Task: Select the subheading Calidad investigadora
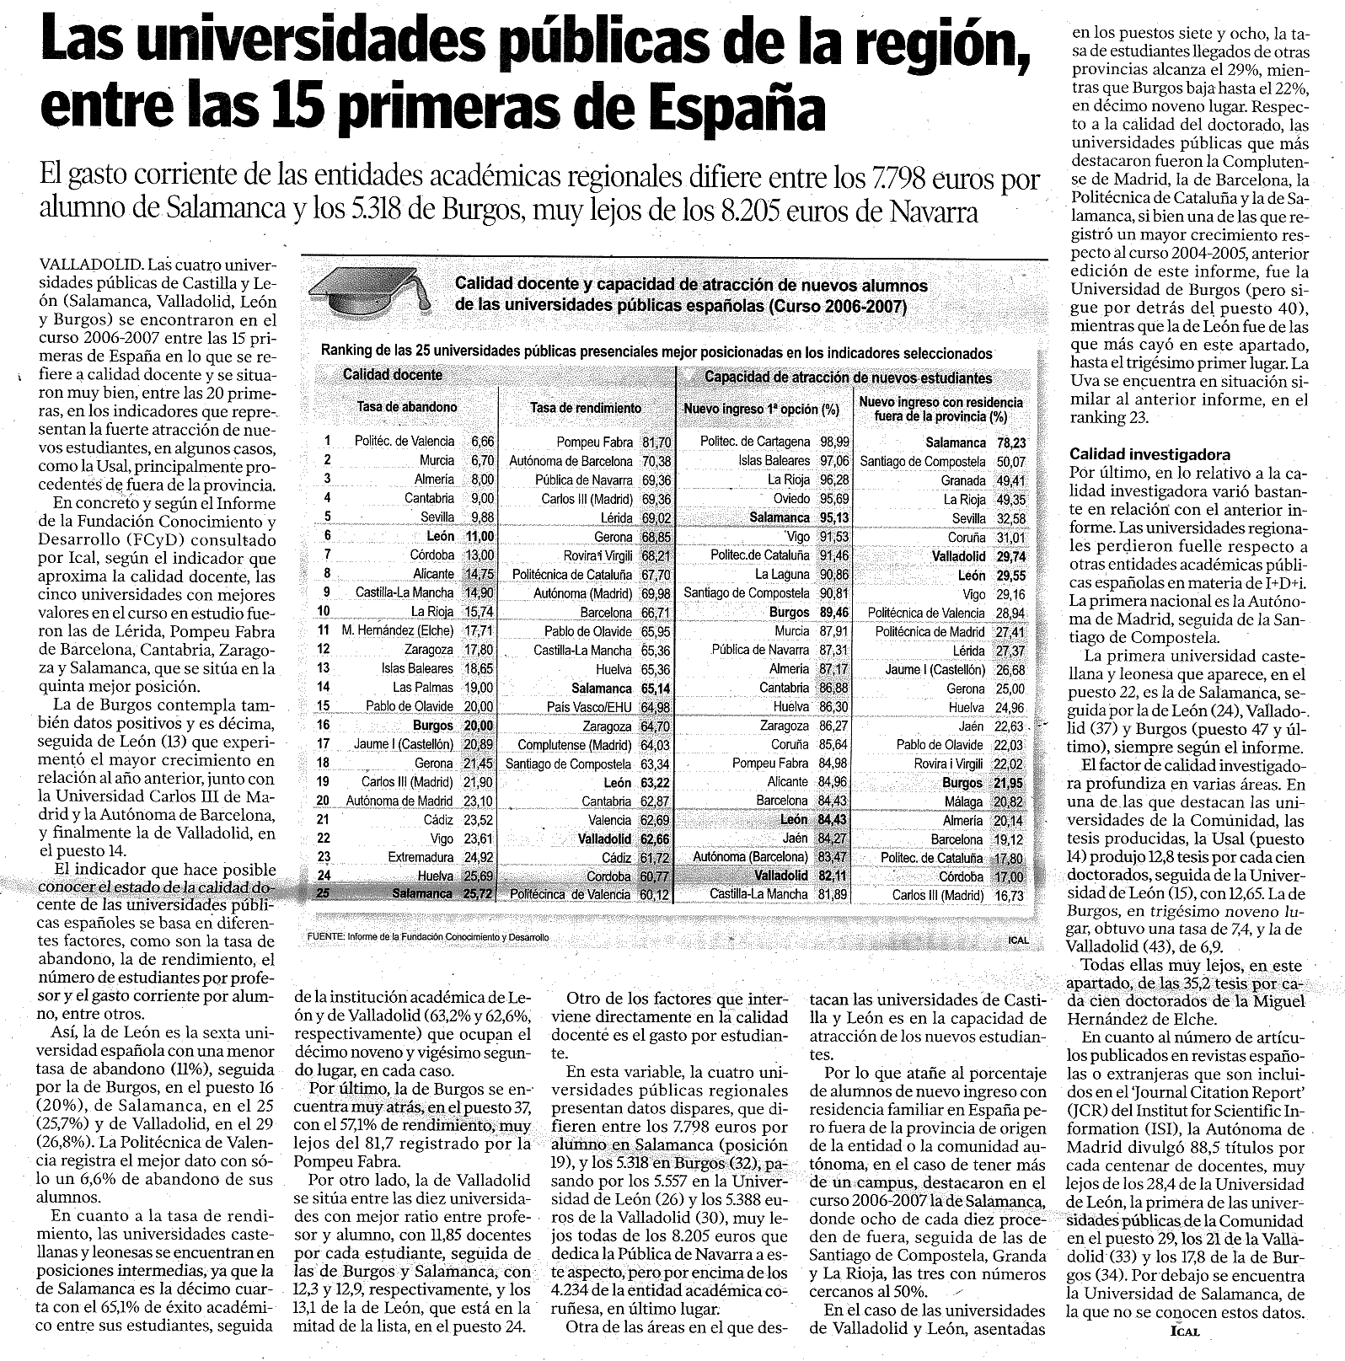point(1138,454)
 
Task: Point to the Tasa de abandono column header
point(407,407)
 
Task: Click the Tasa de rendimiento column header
point(585,408)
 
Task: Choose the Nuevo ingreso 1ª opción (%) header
point(761,410)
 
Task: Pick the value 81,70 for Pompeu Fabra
point(656,442)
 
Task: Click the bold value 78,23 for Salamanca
point(1010,442)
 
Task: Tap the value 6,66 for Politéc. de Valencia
point(483,442)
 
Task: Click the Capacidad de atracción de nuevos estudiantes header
point(848,378)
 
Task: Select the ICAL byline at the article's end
point(1184,1332)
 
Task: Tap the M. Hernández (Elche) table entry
point(398,630)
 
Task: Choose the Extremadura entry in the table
point(421,857)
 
